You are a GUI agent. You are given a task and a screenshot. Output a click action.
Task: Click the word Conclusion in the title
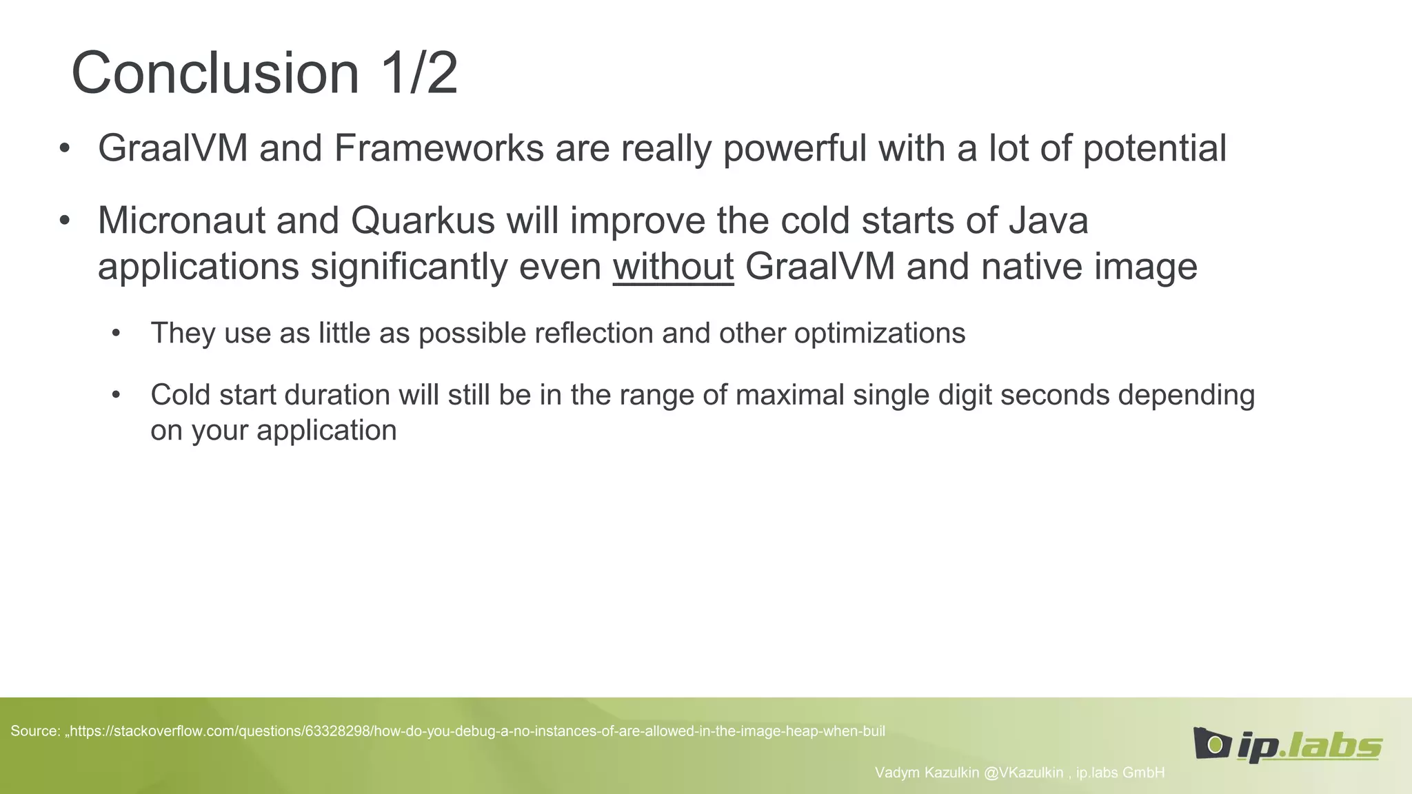[215, 73]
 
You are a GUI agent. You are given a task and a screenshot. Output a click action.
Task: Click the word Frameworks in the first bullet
[438, 148]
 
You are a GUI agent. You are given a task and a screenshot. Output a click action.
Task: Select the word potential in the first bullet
[1155, 148]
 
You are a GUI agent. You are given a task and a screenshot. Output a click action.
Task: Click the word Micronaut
[181, 221]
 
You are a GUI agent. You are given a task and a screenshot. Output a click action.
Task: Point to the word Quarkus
[423, 221]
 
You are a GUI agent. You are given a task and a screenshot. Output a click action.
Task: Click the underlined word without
[673, 267]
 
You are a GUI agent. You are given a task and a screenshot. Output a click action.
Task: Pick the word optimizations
[879, 333]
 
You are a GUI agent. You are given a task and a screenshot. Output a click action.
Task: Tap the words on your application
[273, 430]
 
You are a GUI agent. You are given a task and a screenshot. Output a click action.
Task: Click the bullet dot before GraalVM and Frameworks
[65, 150]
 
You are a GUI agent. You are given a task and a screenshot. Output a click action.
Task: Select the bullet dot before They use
[116, 334]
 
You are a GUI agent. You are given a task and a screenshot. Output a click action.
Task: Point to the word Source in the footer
[34, 731]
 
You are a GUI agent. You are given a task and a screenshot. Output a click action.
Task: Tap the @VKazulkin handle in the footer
[1023, 773]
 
